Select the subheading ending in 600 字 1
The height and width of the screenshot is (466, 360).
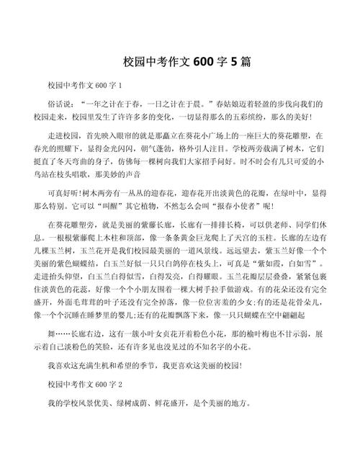coord(84,86)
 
